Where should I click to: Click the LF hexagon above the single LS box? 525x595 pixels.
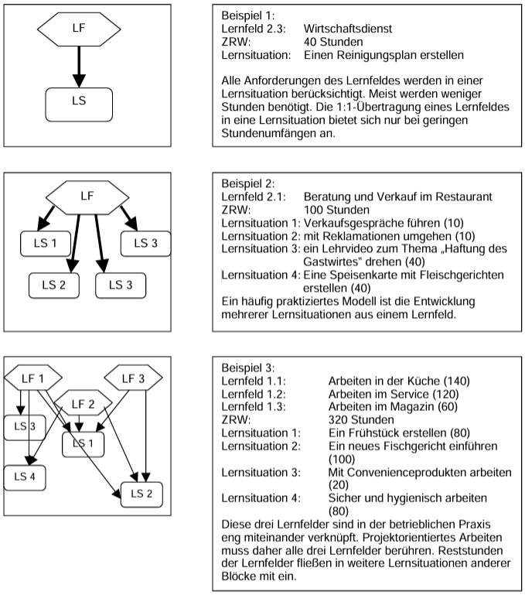coord(79,29)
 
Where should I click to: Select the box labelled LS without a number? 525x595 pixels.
coord(79,104)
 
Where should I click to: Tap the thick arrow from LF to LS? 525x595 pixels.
coord(79,67)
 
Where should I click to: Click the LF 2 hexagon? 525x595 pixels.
coord(83,402)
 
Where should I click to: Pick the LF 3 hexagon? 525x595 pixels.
coord(133,378)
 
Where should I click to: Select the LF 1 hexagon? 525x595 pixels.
coord(33,378)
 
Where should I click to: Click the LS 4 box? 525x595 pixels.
coord(25,477)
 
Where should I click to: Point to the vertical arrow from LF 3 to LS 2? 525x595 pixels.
coord(145,436)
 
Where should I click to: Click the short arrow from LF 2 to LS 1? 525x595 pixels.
coord(79,423)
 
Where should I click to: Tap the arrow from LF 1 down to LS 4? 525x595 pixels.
coord(29,428)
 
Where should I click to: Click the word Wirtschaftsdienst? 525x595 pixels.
coord(348,29)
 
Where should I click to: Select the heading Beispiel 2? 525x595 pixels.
coord(248,183)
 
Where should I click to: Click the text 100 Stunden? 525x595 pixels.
coord(336,210)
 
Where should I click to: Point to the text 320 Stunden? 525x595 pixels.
coord(361,419)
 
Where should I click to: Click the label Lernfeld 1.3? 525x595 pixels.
coord(254,407)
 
